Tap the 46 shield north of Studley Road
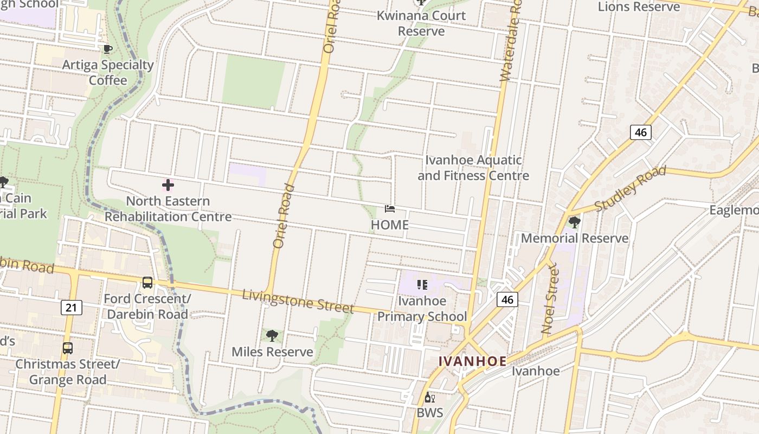coord(640,132)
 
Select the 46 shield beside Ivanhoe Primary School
coord(507,299)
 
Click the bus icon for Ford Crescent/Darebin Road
coord(147,283)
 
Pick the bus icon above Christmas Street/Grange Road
coord(67,348)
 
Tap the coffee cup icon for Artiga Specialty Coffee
coord(107,49)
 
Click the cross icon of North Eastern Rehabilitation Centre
coord(168,185)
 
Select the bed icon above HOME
coord(389,209)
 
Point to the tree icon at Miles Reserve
coord(272,336)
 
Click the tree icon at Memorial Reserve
coord(574,222)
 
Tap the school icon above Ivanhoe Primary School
coord(422,285)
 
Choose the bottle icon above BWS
coord(429,398)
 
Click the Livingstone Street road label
coord(298,301)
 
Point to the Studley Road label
coord(630,189)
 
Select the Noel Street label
coord(550,298)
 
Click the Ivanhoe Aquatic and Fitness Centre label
coord(473,168)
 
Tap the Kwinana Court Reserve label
coord(421,23)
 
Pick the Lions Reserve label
coord(639,7)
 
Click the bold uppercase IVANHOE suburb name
coord(472,361)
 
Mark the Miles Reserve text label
coord(272,352)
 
